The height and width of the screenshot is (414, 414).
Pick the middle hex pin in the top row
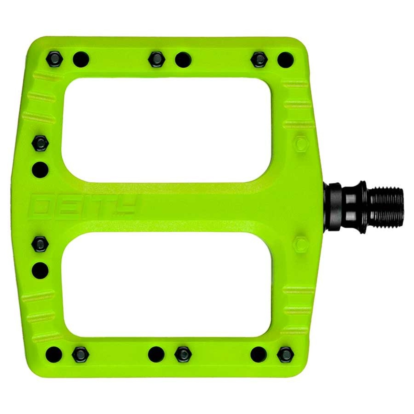pos(156,60)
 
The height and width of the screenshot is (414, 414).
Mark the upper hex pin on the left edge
pos(40,143)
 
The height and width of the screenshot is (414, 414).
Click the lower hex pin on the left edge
pos(40,244)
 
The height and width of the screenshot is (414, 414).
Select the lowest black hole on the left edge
pos(40,270)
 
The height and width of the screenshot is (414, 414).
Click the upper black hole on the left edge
pos(40,170)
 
